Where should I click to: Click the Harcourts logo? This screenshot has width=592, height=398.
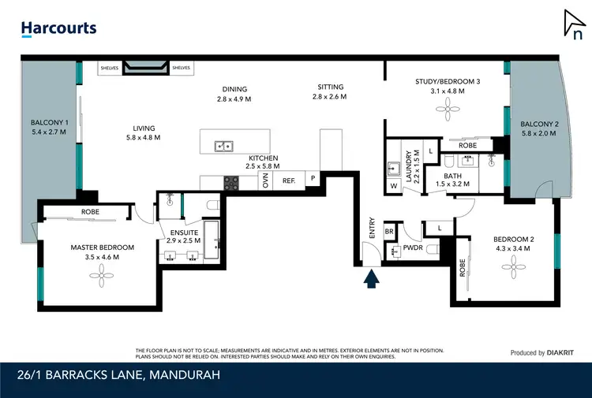58,28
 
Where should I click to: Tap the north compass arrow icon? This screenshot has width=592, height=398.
574,25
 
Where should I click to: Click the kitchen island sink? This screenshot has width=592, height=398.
224,145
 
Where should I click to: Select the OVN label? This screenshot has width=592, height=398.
265,181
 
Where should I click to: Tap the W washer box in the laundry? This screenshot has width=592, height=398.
393,187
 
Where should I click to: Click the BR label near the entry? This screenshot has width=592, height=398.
389,232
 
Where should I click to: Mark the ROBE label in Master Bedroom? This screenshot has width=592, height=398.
91,213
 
